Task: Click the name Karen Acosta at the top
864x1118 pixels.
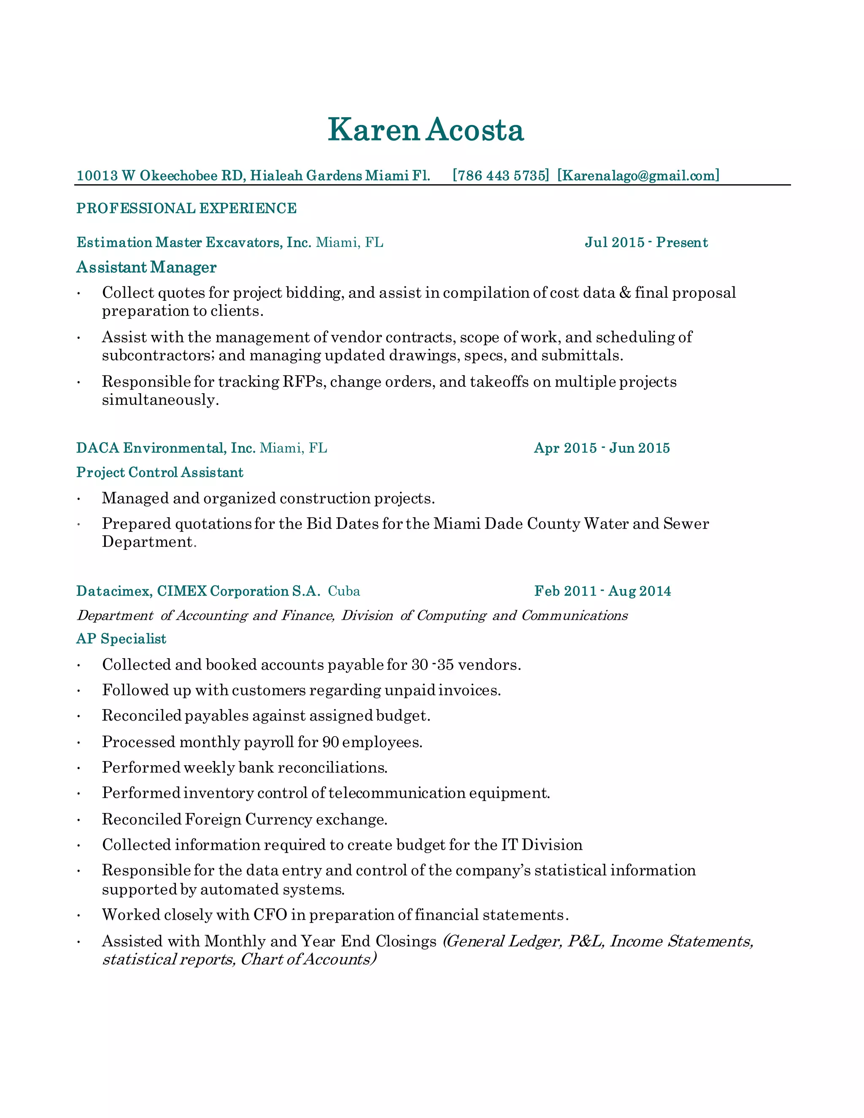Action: [x=425, y=130]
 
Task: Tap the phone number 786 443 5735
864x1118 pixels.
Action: [x=501, y=176]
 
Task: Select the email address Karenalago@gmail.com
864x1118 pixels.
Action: [x=638, y=176]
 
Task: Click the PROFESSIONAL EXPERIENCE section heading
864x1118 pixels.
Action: [x=186, y=208]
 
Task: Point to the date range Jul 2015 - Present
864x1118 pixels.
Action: [x=646, y=242]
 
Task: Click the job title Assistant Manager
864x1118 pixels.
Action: [x=146, y=267]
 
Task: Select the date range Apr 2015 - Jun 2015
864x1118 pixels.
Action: [x=602, y=448]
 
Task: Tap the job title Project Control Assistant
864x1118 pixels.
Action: [x=160, y=472]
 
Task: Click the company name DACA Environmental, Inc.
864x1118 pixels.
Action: [x=165, y=448]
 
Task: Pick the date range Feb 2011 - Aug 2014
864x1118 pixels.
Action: [x=602, y=591]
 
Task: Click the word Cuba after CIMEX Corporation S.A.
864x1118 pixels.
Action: [x=344, y=591]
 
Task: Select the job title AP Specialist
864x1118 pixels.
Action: [x=121, y=638]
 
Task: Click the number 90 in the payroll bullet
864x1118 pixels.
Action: [x=330, y=742]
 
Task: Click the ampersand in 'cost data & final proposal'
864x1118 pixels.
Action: [x=624, y=293]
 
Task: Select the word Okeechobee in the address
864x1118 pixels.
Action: [x=178, y=176]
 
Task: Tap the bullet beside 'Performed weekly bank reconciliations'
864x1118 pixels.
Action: [x=79, y=768]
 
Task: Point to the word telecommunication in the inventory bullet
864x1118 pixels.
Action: [x=397, y=793]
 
